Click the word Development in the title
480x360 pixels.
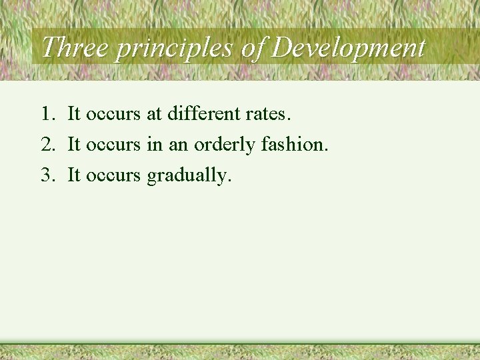click(349, 48)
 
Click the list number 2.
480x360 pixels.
click(47, 145)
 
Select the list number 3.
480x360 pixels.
click(47, 175)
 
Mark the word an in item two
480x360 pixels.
click(178, 145)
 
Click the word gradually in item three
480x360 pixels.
click(189, 176)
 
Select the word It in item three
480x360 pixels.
click(74, 175)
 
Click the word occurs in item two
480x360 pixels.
click(113, 145)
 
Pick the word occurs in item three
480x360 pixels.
click(113, 175)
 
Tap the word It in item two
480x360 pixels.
click(74, 145)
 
